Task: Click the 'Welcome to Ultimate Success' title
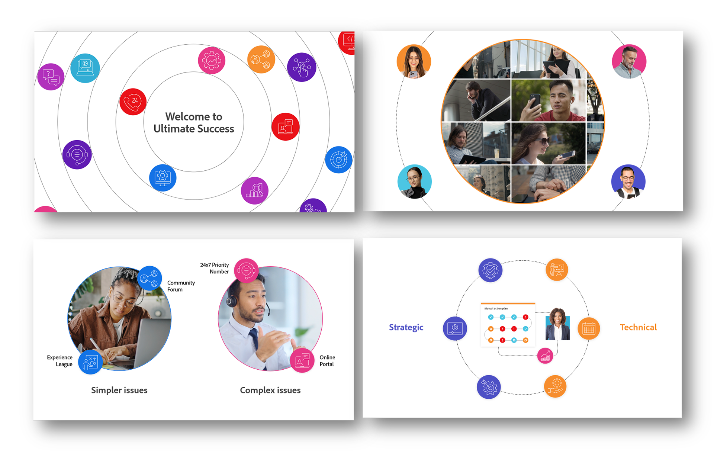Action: pyautogui.click(x=194, y=122)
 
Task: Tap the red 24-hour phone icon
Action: pyautogui.click(x=133, y=102)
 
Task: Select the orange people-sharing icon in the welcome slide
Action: pyautogui.click(x=261, y=60)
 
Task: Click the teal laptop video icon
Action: pyautogui.click(x=85, y=68)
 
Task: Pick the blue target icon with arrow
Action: pyautogui.click(x=338, y=160)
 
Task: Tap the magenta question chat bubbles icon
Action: pyautogui.click(x=51, y=77)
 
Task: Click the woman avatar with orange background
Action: pyautogui.click(x=414, y=62)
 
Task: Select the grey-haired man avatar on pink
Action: pyautogui.click(x=629, y=62)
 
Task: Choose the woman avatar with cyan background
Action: pyautogui.click(x=414, y=181)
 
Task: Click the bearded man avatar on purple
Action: pyautogui.click(x=628, y=181)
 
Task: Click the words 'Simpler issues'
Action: pyautogui.click(x=119, y=390)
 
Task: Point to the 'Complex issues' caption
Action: pyautogui.click(x=270, y=390)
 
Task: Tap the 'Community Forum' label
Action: pyautogui.click(x=181, y=286)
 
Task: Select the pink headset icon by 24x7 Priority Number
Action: pyautogui.click(x=246, y=270)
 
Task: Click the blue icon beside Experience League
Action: pyautogui.click(x=90, y=362)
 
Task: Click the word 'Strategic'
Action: pyautogui.click(x=406, y=327)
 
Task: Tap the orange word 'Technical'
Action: pyautogui.click(x=638, y=327)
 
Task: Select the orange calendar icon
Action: pyautogui.click(x=589, y=328)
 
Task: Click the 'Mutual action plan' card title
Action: pyautogui.click(x=496, y=308)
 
